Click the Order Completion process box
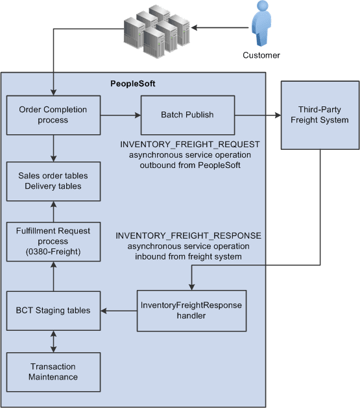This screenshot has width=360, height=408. pos(54,115)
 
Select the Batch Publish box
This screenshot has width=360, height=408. pos(187,115)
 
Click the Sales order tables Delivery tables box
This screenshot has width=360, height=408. pos(54,182)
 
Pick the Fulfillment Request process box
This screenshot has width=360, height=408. pos(54,241)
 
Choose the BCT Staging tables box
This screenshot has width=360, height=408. pos(54,311)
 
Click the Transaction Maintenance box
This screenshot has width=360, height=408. pos(54,372)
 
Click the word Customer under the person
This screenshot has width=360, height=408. pos(261,55)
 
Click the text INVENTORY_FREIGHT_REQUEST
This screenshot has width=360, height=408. pos(190,144)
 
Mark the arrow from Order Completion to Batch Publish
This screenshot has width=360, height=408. pos(121,115)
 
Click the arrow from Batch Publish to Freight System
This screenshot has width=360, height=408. pos(258,115)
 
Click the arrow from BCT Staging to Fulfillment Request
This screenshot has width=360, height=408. pos(54,275)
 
